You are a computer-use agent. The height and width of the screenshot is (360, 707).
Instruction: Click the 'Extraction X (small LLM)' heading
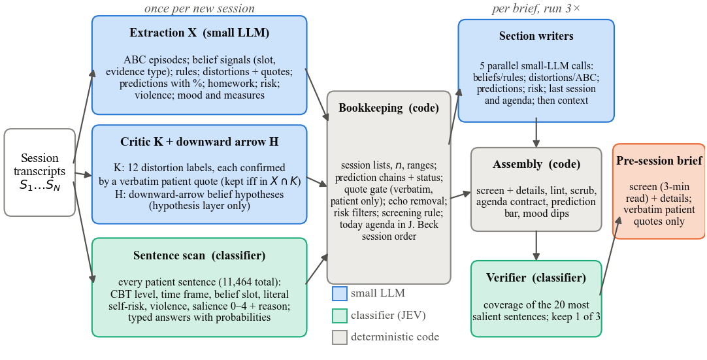coord(199,33)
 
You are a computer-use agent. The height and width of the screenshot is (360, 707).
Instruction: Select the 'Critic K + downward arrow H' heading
coord(199,142)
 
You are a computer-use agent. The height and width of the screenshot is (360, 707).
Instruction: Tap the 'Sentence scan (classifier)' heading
coord(199,256)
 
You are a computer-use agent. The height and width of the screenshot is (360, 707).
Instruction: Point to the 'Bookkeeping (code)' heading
coord(389,108)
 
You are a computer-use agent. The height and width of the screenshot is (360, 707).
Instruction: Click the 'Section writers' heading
coord(536,36)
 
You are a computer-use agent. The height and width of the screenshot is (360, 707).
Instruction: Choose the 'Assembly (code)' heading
coord(536,164)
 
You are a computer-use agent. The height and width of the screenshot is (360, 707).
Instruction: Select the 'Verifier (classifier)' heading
coord(536,278)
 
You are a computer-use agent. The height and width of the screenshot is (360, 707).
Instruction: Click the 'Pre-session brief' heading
coord(659,161)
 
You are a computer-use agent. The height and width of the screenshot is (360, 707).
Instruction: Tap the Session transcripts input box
coord(40,172)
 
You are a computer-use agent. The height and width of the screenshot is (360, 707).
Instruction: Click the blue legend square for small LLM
coord(340,294)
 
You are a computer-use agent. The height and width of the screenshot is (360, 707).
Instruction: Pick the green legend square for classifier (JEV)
coord(340,316)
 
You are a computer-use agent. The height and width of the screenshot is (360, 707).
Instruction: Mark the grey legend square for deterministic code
coord(340,337)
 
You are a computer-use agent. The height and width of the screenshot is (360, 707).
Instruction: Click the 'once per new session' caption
coord(199,8)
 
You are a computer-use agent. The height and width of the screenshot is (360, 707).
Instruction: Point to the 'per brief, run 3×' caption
coord(536,8)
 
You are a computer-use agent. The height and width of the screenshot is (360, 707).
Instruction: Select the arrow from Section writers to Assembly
coord(536,133)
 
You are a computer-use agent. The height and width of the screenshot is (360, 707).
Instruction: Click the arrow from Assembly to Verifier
coord(536,246)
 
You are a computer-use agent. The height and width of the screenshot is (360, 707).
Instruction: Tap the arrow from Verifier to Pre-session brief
coord(612,255)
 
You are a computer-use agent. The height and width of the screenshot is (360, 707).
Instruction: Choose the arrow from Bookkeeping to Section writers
coord(455,116)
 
